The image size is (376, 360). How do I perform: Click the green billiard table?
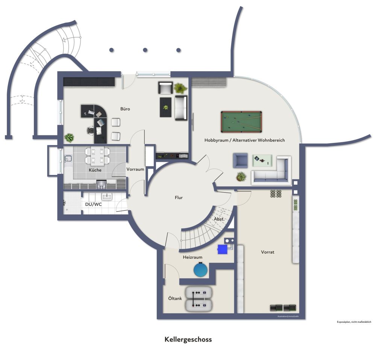click(241, 122)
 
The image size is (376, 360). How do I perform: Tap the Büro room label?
click(125, 109)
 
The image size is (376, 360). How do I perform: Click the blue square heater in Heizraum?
click(223, 249)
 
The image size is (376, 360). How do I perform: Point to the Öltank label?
click(175, 299)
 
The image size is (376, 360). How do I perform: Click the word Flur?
click(179, 197)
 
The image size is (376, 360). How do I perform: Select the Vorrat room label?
click(268, 252)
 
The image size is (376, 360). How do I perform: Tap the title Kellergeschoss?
click(188, 339)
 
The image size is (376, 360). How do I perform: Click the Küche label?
click(95, 170)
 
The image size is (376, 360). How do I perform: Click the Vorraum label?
click(135, 169)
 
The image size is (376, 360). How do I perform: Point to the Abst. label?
click(219, 219)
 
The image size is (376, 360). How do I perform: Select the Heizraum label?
click(193, 257)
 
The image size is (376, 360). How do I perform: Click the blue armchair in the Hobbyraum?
click(240, 161)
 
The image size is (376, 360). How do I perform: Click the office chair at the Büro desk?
click(91, 130)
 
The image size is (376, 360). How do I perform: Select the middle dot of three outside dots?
click(145, 50)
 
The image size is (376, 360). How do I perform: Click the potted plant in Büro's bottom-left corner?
click(69, 138)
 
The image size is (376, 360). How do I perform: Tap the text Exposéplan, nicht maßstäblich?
click(354, 322)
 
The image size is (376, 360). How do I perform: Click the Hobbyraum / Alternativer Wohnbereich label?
click(244, 140)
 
